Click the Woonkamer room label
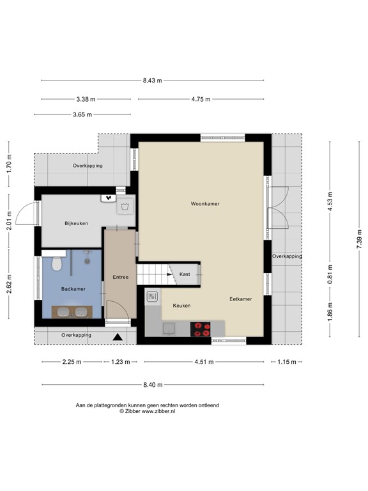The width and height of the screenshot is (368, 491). click(x=205, y=203)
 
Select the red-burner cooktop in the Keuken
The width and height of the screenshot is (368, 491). click(x=200, y=329)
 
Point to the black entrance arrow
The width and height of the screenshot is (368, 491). click(x=118, y=337)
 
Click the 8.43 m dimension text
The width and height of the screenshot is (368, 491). click(x=153, y=81)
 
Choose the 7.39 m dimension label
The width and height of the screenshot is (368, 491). click(x=359, y=240)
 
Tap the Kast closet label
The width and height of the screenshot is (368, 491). click(x=185, y=274)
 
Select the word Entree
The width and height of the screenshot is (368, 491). click(x=121, y=277)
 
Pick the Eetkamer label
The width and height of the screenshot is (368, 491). click(x=241, y=299)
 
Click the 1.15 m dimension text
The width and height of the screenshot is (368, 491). click(x=287, y=362)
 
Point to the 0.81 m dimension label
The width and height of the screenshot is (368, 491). click(x=330, y=274)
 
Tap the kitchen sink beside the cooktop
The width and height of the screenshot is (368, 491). click(x=169, y=329)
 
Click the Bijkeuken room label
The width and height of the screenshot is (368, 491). click(x=77, y=223)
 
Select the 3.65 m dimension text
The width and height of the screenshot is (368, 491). click(x=82, y=114)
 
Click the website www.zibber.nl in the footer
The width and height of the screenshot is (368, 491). click(x=158, y=412)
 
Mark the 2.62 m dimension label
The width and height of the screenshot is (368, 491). click(x=9, y=284)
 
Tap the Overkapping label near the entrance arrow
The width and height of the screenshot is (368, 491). click(x=77, y=335)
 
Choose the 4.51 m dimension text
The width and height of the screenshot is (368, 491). click(x=204, y=362)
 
